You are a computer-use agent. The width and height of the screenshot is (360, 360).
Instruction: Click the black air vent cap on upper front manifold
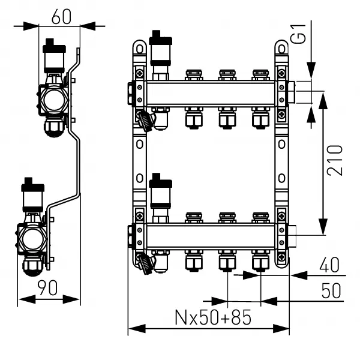(x=160, y=36)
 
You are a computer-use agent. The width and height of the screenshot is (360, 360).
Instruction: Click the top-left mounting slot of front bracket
(x=139, y=47)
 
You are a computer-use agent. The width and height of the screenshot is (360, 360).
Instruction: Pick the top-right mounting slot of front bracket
(x=281, y=47)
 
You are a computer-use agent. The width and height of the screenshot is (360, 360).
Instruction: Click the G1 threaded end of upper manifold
(x=293, y=93)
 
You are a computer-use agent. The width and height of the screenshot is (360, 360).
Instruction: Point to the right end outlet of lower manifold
(x=293, y=235)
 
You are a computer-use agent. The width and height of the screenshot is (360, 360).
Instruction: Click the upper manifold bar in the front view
(x=210, y=93)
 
